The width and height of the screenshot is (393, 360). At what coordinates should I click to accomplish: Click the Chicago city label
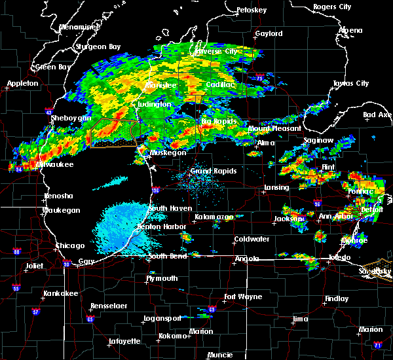click(x=70, y=245)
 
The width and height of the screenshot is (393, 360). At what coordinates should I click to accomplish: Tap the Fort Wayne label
click(x=240, y=297)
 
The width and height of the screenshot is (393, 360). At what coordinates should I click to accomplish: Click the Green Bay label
click(x=53, y=67)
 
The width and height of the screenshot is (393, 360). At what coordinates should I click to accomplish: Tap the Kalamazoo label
click(x=214, y=217)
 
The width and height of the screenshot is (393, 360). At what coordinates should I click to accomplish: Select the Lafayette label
click(x=124, y=341)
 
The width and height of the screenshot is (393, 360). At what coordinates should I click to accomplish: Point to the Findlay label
click(x=337, y=298)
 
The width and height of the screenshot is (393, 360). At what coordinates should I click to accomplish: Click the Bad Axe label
click(x=377, y=115)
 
